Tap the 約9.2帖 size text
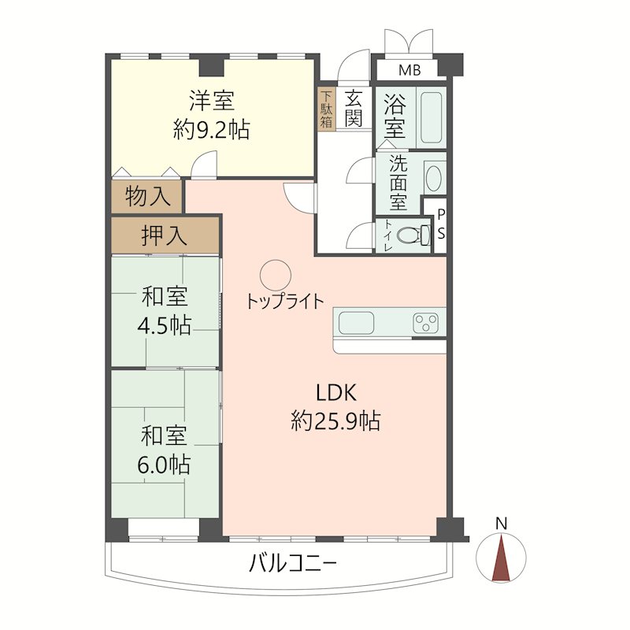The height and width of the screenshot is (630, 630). [x=211, y=130]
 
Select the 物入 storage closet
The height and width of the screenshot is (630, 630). [x=147, y=197]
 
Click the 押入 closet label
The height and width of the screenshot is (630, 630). [x=164, y=235]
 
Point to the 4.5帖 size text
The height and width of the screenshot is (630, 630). [x=165, y=325]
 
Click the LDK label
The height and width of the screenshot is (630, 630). [x=338, y=392]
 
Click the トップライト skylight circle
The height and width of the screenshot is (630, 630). [x=276, y=274]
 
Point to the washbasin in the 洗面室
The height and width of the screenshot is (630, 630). [x=434, y=177]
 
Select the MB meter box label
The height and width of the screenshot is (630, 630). [x=409, y=71]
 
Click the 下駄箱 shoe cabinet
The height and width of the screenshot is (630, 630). [x=326, y=109]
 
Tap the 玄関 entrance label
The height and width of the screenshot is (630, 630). [x=354, y=109]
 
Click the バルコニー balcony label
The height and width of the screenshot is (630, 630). [x=293, y=564]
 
